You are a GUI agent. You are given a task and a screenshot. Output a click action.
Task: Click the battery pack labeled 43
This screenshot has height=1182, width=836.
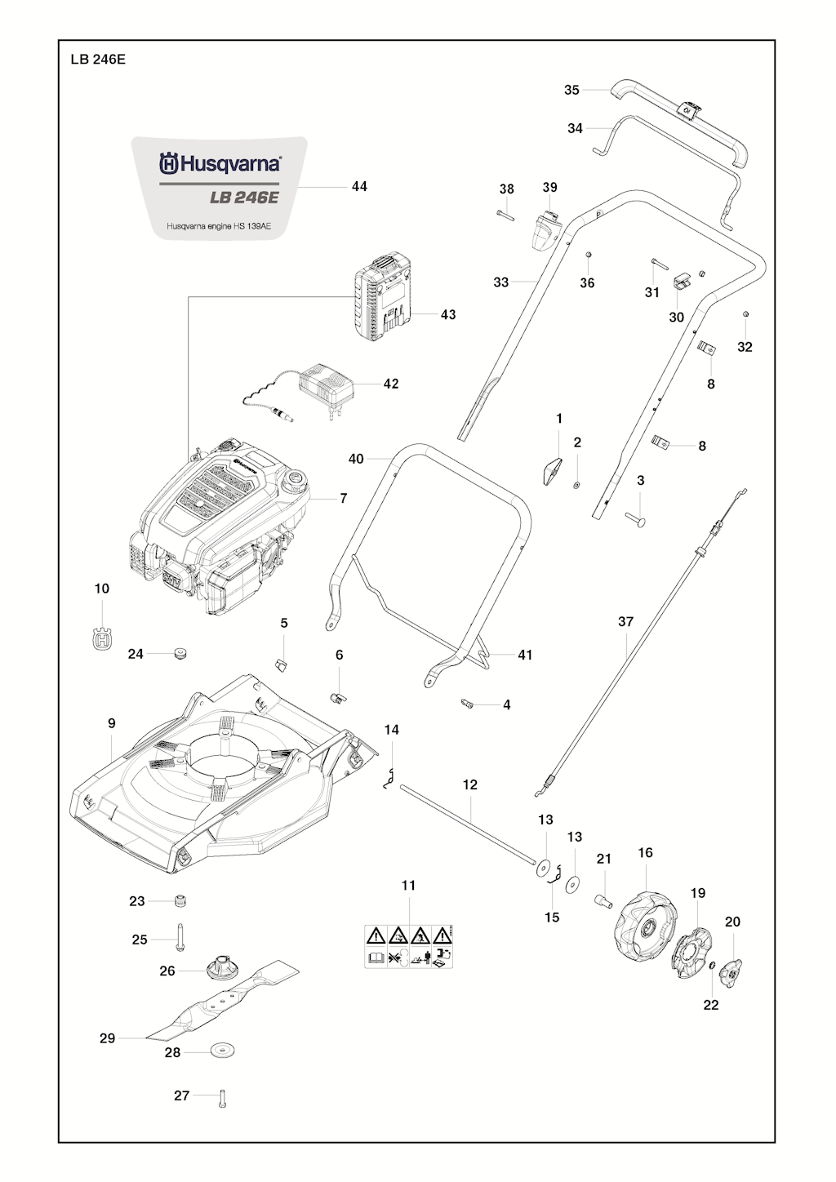click(382, 300)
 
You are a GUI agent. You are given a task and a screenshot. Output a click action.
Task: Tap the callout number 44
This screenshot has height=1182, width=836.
click(359, 187)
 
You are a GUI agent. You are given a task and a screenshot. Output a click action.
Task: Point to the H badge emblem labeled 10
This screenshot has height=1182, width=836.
click(102, 638)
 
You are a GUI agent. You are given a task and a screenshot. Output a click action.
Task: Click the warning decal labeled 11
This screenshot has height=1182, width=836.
click(408, 947)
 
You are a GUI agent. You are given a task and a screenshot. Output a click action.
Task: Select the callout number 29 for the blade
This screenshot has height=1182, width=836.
click(107, 1038)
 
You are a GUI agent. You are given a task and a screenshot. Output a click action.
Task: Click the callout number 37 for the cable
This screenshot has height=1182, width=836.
click(625, 622)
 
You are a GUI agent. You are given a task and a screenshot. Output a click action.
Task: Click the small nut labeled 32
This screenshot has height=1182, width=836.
click(745, 314)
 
